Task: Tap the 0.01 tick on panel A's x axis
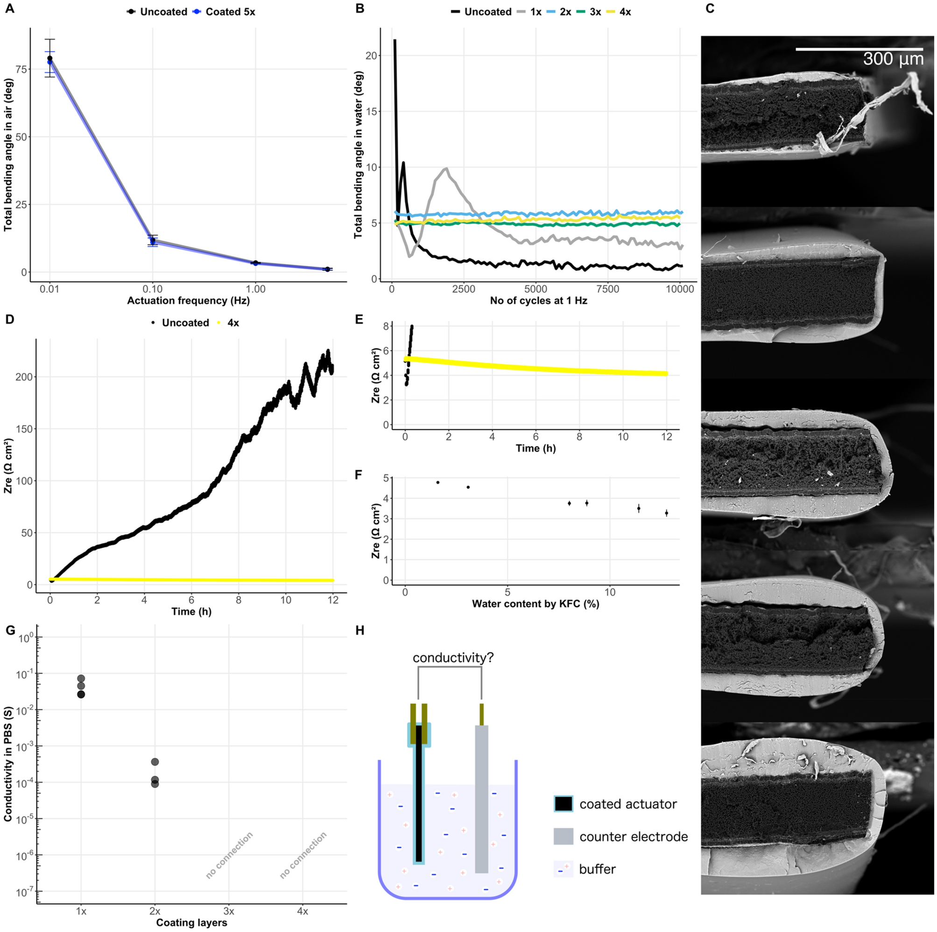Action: tap(49, 289)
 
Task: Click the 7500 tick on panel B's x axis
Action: tap(607, 289)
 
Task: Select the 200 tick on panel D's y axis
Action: tap(24, 377)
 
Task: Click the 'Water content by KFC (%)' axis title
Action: tap(535, 604)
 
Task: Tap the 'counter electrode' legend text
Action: tap(634, 836)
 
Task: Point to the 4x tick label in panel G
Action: tap(302, 911)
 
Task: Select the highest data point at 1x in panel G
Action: tap(81, 679)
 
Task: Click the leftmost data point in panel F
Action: tap(437, 483)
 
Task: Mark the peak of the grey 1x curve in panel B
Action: tap(445, 168)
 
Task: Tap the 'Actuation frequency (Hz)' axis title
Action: tap(188, 301)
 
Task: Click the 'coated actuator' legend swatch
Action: tap(563, 804)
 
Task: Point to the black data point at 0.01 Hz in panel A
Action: tap(49, 58)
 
